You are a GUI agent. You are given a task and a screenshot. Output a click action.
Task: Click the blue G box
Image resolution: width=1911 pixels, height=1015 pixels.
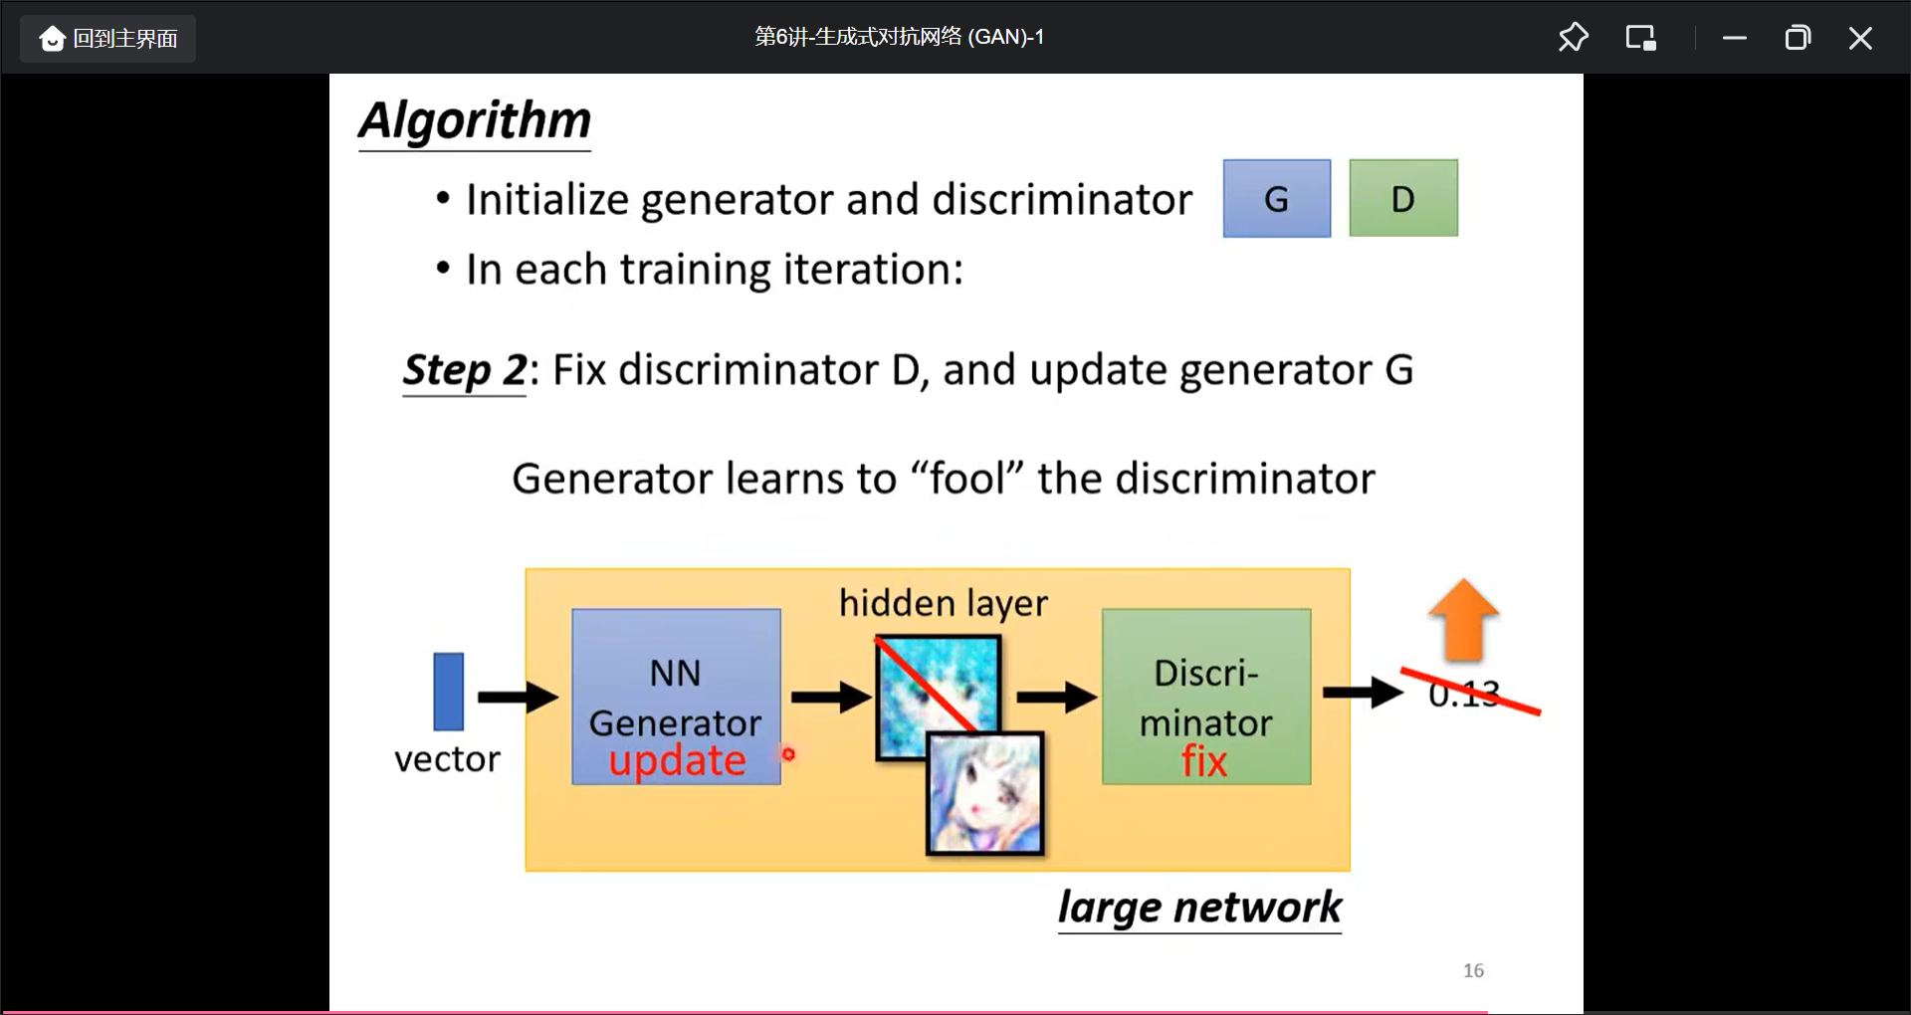pos(1276,198)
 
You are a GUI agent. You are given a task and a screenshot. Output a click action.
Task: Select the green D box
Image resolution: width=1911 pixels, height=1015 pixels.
pos(1402,198)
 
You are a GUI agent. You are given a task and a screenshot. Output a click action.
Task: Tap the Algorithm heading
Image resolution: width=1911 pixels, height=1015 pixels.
pos(475,120)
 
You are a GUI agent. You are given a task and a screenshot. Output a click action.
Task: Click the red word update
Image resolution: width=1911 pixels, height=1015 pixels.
pos(677,761)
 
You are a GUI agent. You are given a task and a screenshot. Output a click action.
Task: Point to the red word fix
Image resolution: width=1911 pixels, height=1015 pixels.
pos(1204,761)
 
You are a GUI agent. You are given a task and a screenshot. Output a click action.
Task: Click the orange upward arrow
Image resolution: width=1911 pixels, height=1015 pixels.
pos(1463,619)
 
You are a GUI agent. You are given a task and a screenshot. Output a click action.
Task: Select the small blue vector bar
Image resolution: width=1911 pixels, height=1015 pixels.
pos(448,692)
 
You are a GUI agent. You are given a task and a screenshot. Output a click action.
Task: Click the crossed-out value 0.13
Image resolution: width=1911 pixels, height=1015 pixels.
pos(1463,694)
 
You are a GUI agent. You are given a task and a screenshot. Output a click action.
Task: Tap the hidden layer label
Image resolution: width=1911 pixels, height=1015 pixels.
pos(943,603)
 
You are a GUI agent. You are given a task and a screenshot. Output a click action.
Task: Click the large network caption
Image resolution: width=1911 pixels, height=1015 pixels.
pos(1199,908)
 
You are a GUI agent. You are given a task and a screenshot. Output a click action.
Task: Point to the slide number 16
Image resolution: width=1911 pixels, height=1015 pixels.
pos(1473,970)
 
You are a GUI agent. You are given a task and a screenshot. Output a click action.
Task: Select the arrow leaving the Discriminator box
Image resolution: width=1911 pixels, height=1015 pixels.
pos(1362,692)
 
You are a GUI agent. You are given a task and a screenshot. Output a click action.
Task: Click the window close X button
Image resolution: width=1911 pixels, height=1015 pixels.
pos(1859,38)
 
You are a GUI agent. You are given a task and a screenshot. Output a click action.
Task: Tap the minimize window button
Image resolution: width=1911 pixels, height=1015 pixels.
pos(1735,38)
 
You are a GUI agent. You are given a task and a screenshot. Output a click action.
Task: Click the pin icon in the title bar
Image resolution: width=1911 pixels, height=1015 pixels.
pos(1573,38)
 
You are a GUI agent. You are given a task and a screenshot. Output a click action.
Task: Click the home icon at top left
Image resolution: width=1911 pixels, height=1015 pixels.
pos(52,39)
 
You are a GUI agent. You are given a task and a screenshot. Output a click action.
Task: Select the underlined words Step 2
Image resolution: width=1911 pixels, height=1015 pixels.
pos(464,370)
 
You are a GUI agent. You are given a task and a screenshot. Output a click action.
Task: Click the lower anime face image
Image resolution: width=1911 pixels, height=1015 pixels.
pos(985,794)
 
